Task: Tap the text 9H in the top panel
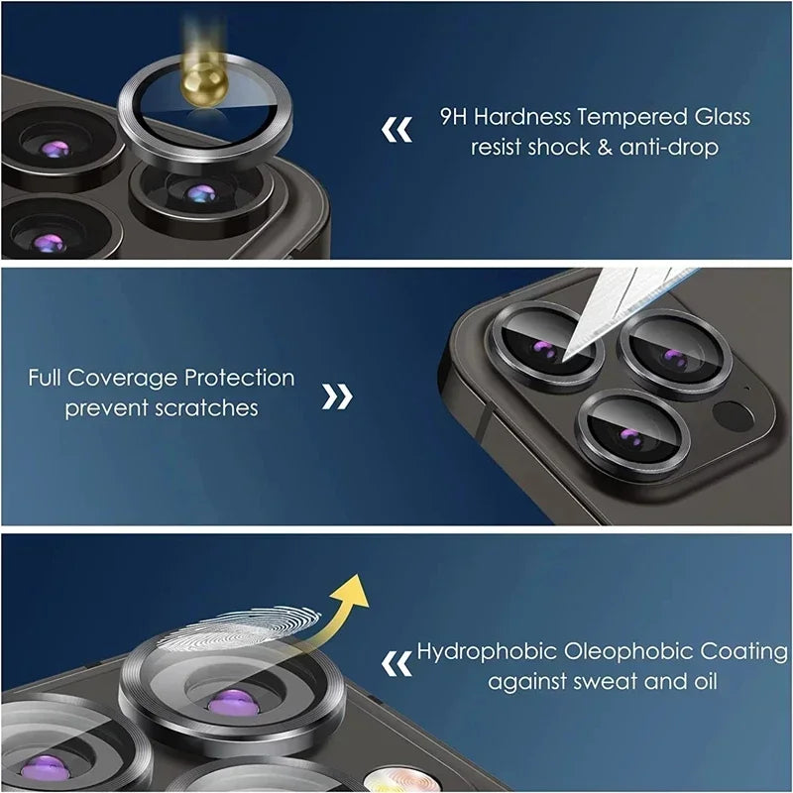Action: click(454, 117)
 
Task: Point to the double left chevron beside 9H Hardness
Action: click(396, 130)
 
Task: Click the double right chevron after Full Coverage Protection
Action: click(338, 396)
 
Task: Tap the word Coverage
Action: click(127, 379)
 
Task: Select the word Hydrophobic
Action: click(485, 652)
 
